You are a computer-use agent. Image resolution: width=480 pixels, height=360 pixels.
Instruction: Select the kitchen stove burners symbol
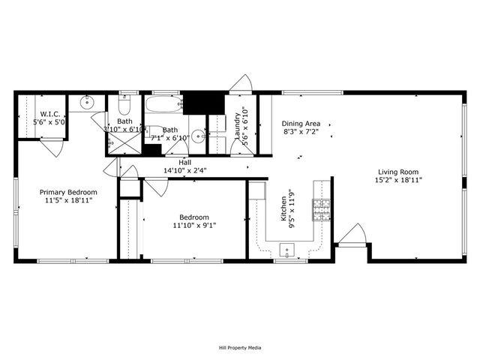click(322, 210)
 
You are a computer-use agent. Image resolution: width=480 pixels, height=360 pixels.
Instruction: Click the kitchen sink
click(286, 248)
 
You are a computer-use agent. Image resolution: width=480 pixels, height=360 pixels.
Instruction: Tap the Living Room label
click(399, 171)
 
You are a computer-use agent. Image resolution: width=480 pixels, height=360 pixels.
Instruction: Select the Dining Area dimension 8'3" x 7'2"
click(301, 132)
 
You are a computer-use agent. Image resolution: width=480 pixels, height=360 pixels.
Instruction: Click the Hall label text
click(184, 162)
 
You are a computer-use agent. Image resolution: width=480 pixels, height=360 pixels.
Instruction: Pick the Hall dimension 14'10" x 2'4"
click(184, 170)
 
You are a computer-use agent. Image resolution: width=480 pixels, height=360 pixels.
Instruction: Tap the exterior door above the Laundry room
click(242, 84)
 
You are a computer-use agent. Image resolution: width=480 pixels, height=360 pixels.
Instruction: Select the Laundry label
click(238, 126)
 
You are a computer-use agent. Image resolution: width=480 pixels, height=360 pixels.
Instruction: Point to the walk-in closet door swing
click(50, 146)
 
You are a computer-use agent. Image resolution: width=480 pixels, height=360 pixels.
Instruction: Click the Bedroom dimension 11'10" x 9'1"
click(194, 225)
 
